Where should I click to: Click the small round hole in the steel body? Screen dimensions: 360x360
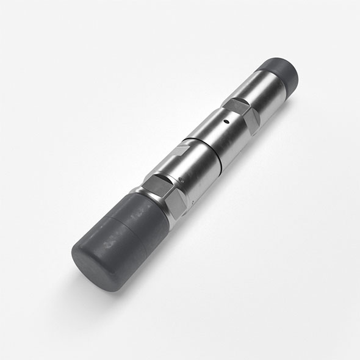pyautogui.click(x=227, y=121)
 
